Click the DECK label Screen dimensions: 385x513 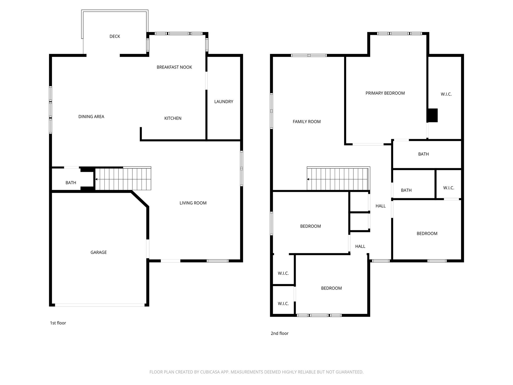click(x=115, y=36)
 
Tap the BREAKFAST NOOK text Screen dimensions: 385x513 click(x=174, y=67)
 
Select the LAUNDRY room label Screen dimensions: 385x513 click(x=224, y=102)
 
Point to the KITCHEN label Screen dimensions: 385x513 click(x=173, y=118)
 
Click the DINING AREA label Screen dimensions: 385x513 click(x=91, y=117)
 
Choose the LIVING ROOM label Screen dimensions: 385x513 click(x=193, y=203)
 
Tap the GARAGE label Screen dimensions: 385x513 click(x=98, y=252)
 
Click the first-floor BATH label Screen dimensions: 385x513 click(x=71, y=183)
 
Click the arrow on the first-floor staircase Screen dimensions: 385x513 click(x=96, y=179)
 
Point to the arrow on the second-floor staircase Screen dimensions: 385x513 click(x=308, y=179)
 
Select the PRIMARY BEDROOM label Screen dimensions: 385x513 click(x=385, y=93)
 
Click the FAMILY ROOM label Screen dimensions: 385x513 click(x=307, y=122)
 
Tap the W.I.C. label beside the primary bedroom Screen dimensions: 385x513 click(x=446, y=94)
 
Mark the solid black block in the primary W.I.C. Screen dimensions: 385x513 click(x=433, y=115)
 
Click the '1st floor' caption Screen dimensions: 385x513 click(x=58, y=323)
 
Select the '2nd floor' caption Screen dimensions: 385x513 click(x=280, y=333)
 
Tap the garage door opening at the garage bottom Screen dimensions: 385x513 click(x=100, y=305)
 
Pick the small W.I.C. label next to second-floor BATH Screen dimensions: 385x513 click(x=448, y=188)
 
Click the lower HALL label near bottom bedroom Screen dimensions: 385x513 click(x=360, y=246)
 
